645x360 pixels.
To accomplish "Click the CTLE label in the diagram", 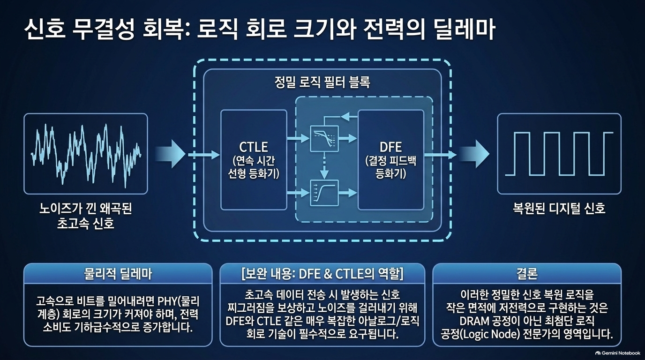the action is [254, 147].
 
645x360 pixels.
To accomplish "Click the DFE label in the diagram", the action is [390, 147].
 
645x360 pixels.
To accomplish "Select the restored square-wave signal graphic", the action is [559, 154].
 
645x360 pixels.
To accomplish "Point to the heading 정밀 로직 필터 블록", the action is [322, 82].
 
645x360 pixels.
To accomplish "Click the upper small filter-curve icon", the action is [324, 139].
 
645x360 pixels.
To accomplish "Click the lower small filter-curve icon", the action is [324, 193].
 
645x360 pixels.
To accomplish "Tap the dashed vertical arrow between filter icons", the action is [324, 166].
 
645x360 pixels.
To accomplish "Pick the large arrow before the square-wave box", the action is [474, 154].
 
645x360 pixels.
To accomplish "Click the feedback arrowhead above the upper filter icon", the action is [345, 117].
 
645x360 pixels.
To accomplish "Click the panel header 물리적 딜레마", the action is [118, 274].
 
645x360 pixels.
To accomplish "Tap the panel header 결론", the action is [527, 274].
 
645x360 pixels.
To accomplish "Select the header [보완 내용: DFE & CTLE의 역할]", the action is [322, 274].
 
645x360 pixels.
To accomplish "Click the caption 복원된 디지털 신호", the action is [559, 208].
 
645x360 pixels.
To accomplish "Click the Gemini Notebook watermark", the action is [618, 353].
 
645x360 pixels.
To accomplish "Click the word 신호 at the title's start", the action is [45, 30].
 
